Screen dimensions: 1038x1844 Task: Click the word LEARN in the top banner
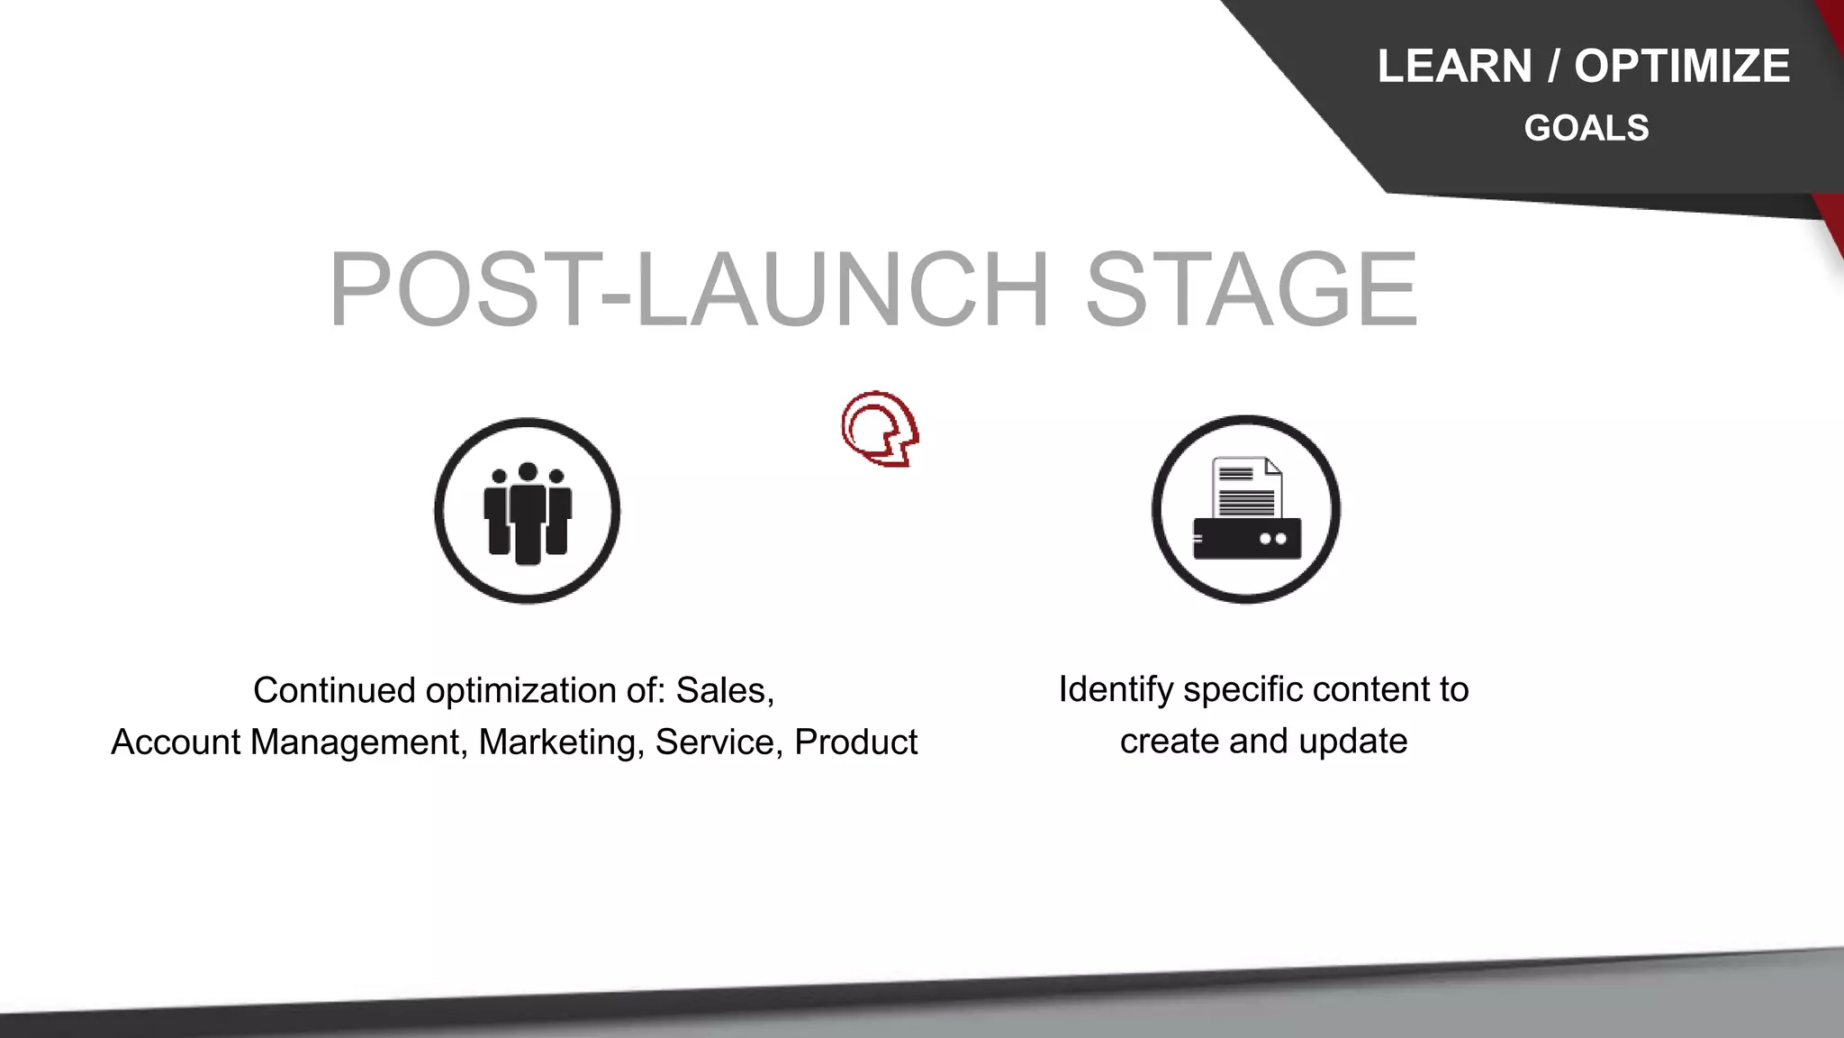1454,67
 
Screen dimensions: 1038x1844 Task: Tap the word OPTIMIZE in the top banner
1682,67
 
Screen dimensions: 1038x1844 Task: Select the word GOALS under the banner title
1586,128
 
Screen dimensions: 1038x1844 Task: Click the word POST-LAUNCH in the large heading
689,289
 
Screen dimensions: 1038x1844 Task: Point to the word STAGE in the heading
1252,289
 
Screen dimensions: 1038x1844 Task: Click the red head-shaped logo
880,429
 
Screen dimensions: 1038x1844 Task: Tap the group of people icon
528,512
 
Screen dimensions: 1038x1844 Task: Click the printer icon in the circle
1246,510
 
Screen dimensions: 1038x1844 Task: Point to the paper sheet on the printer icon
1247,487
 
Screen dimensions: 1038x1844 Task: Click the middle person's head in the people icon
529,471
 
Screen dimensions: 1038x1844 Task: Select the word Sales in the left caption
724,691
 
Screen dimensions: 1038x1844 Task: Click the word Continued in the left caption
334,691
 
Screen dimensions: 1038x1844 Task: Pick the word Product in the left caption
855,742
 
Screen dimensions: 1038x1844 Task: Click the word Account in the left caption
176,742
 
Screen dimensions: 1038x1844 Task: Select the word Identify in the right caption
1116,690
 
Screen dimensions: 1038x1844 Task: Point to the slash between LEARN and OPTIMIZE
1553,67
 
